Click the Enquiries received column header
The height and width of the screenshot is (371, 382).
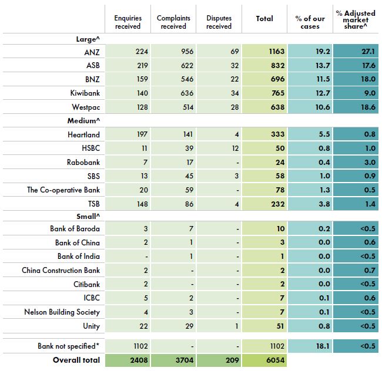pyautogui.click(x=128, y=22)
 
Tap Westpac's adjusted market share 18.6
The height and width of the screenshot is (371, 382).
pyautogui.click(x=368, y=107)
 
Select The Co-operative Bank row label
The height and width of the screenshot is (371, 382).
pyautogui.click(x=63, y=190)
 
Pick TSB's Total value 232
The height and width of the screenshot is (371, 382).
pyautogui.click(x=276, y=204)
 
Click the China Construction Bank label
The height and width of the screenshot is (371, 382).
pyautogui.click(x=61, y=271)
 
